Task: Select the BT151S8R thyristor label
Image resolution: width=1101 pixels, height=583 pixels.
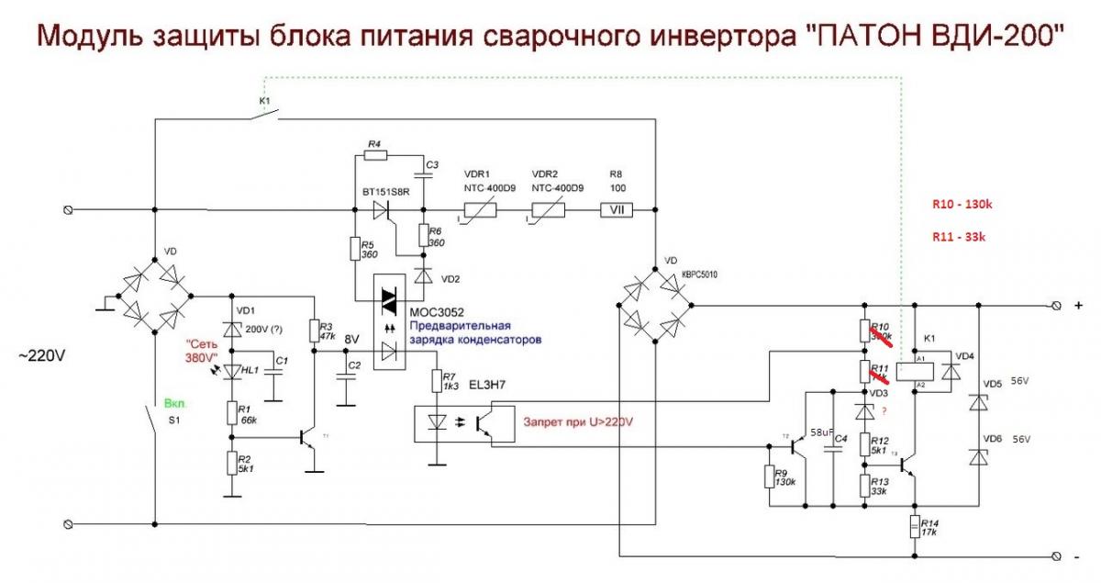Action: (x=385, y=191)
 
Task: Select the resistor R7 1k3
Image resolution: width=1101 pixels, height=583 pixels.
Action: (x=436, y=379)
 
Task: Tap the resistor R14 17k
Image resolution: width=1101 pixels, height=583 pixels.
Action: (x=915, y=527)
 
